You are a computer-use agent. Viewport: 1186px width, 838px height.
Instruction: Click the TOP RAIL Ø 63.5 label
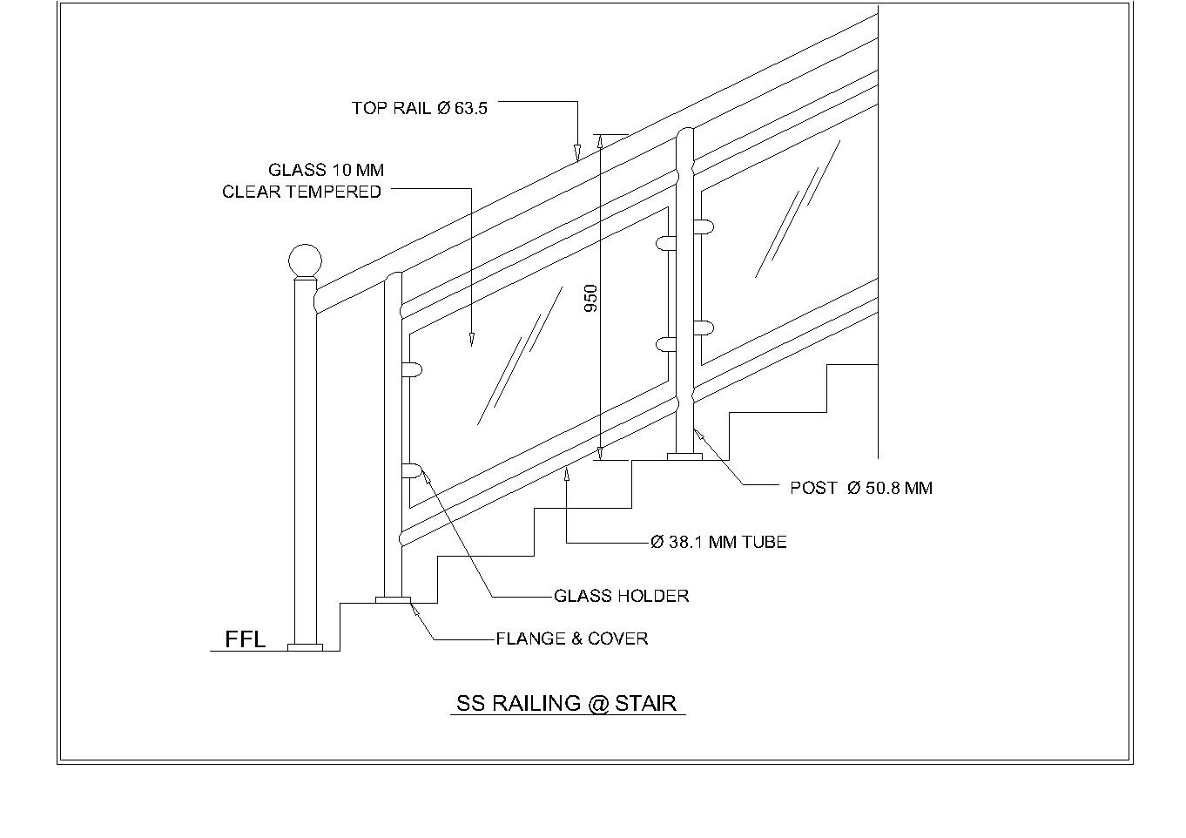pos(419,108)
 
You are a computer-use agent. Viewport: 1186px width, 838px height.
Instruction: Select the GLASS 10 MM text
pos(326,170)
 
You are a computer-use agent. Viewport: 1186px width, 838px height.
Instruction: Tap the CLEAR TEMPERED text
pos(301,192)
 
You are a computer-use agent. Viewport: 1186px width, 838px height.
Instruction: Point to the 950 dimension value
pos(591,299)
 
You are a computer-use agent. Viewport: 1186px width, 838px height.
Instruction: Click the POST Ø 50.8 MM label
pos(860,488)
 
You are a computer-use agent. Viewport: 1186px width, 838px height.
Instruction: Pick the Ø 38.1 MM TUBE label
pos(718,542)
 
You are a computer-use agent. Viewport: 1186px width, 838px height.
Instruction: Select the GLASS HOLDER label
pos(621,596)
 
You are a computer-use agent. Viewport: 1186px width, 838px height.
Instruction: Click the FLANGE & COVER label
pos(571,639)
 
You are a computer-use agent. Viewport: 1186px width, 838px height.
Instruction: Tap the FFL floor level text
pos(245,639)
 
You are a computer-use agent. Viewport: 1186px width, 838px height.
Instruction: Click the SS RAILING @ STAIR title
pos(567,703)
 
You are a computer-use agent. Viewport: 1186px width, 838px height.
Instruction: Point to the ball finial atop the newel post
pos(305,260)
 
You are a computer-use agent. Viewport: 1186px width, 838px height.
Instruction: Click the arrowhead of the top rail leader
pos(576,156)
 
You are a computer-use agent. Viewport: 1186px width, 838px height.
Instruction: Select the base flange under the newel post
pos(305,647)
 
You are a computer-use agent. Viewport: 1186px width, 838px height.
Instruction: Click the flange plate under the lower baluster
pos(393,599)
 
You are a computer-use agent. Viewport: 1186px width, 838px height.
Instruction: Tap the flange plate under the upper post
pos(684,456)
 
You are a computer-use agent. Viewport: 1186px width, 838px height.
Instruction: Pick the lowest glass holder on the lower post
pos(412,471)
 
